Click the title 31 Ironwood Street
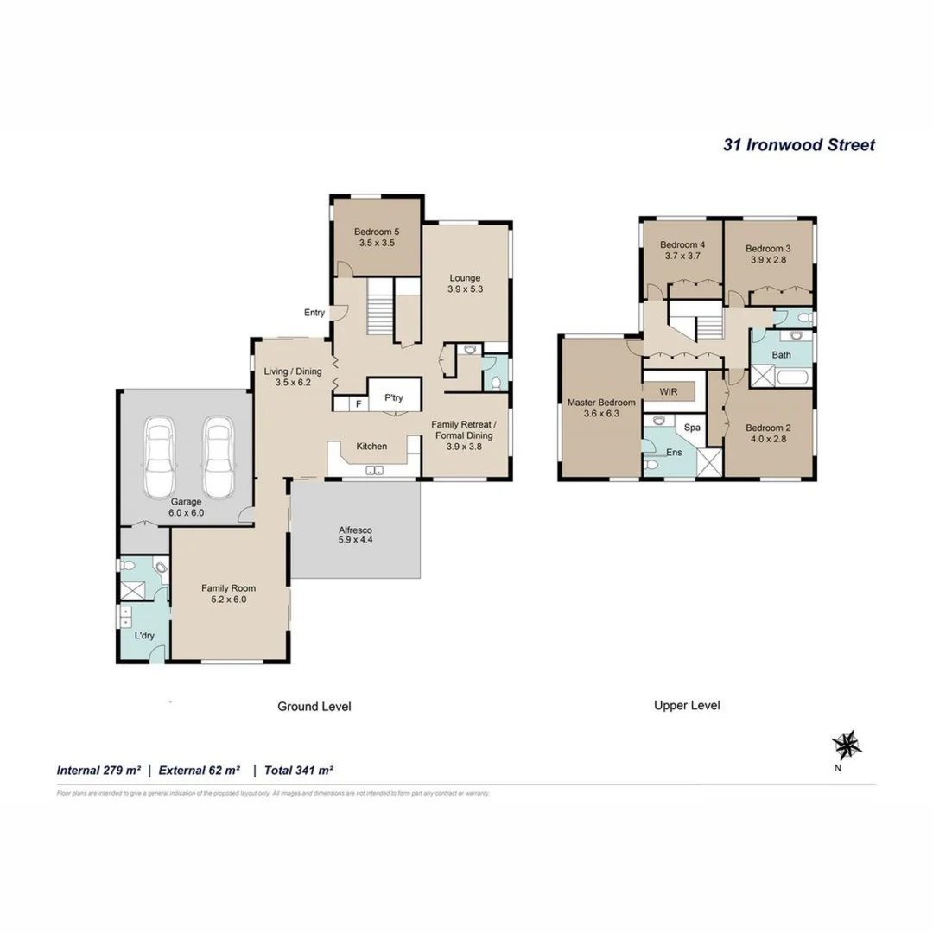(798, 145)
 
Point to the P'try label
(394, 398)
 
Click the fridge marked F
(359, 403)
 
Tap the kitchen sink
(375, 471)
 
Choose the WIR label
(668, 391)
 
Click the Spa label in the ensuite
(692, 428)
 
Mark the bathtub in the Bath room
(792, 377)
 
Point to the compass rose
(845, 744)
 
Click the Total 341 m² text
(299, 769)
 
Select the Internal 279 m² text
(98, 769)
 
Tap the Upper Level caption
(687, 705)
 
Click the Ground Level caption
(314, 706)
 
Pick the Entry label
(314, 313)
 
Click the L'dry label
(143, 636)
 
